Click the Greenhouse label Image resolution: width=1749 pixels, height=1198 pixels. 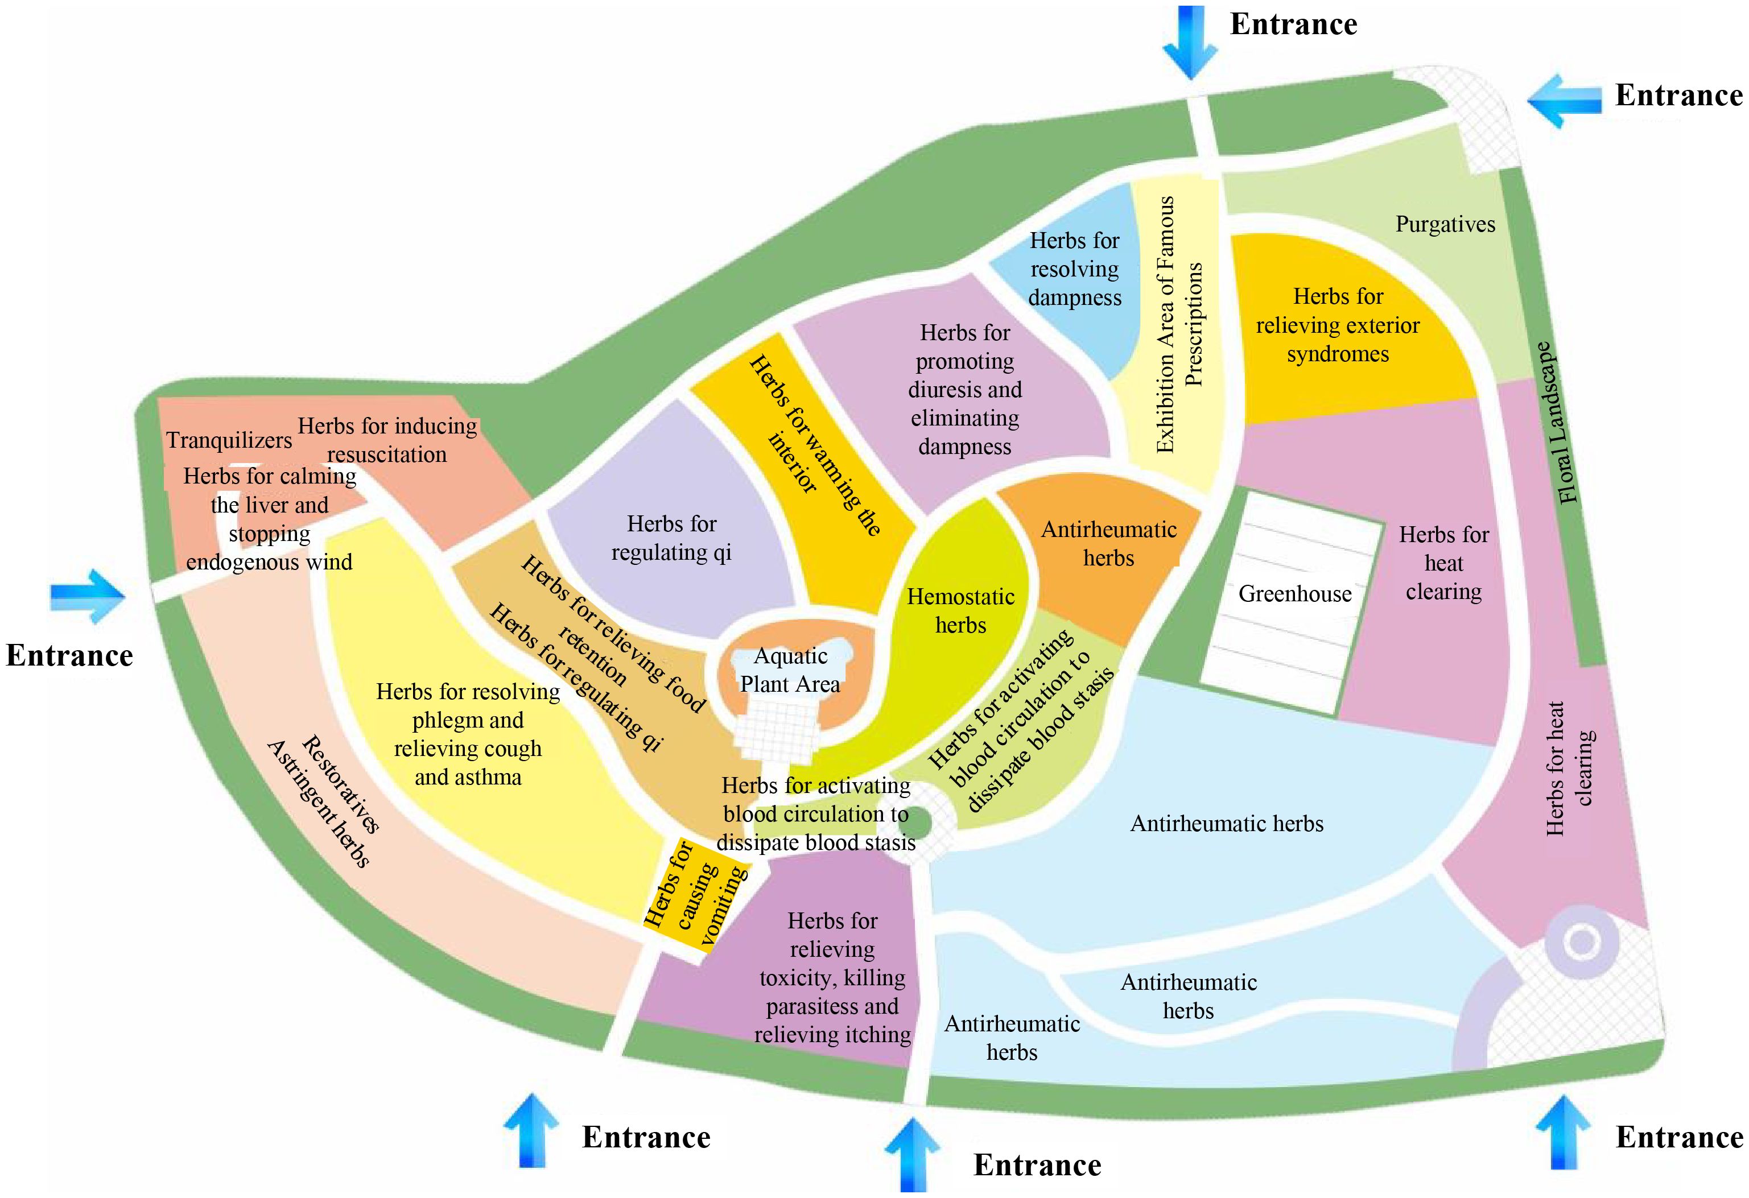[x=1294, y=594]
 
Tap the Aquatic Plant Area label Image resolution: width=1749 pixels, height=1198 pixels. [x=790, y=670]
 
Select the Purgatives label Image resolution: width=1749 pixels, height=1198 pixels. [x=1445, y=224]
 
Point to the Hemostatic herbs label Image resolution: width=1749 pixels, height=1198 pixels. [x=961, y=610]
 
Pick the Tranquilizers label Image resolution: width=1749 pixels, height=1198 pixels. [x=229, y=440]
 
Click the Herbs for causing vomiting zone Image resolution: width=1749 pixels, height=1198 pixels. [x=697, y=895]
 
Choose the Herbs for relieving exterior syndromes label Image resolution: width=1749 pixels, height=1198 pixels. [x=1337, y=325]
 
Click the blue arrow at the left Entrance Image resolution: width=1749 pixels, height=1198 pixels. [x=87, y=595]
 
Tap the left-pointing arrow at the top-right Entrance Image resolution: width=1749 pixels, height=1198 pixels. [x=1564, y=100]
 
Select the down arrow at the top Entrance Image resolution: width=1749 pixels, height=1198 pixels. [x=1189, y=42]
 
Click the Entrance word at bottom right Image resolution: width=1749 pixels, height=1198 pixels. [x=1679, y=1137]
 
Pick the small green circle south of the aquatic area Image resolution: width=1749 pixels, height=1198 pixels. [x=914, y=823]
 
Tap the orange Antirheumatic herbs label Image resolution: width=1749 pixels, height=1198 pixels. [x=1108, y=543]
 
